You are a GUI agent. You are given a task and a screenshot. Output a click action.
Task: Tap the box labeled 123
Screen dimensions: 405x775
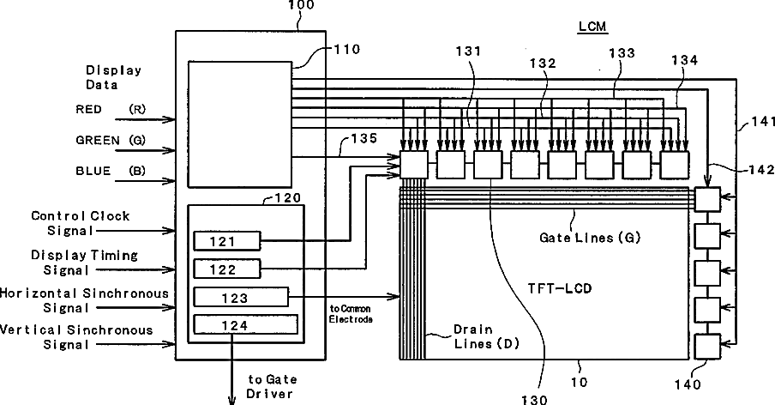click(x=241, y=297)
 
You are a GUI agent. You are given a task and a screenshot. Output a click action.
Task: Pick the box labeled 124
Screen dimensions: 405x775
click(x=245, y=325)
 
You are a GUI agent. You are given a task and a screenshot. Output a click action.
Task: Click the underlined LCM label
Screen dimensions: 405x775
click(x=592, y=26)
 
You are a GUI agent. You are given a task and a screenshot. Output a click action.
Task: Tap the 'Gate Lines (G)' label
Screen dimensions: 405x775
click(x=591, y=236)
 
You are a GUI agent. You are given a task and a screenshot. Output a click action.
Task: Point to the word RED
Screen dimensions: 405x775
click(x=88, y=109)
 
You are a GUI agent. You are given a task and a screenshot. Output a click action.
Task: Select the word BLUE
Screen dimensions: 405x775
click(x=93, y=171)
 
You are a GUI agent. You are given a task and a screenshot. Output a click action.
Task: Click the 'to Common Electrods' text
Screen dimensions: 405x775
click(x=351, y=312)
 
